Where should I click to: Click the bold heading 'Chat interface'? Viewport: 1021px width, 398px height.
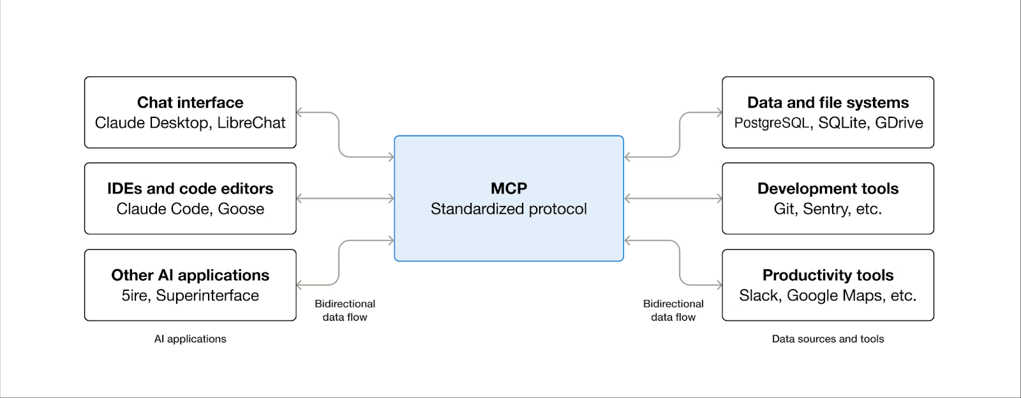190,103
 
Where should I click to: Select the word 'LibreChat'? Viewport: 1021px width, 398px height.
251,122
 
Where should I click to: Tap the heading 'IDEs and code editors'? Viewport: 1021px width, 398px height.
190,189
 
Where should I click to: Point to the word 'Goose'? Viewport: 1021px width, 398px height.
241,209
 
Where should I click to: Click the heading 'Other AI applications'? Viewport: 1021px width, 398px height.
190,275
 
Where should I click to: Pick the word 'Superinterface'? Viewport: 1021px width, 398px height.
207,295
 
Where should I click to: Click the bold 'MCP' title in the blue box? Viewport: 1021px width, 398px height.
509,188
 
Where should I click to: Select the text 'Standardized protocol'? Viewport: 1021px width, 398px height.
509,209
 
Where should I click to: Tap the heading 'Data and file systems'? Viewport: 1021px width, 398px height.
828,103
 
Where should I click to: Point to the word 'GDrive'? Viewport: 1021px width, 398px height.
899,122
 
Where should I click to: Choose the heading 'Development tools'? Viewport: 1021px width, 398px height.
828,189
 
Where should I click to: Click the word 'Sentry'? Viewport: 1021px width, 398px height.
826,209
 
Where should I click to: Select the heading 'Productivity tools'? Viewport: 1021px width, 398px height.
828,275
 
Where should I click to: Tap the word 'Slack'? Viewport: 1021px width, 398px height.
760,295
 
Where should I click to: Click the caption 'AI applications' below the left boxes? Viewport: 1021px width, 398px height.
190,339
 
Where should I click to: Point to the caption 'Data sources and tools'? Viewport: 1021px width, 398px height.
828,339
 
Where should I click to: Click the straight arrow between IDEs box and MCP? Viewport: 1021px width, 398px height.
345,198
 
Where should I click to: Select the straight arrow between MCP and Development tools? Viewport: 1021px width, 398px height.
673,198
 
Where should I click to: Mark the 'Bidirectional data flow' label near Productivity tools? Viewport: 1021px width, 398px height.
673,311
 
